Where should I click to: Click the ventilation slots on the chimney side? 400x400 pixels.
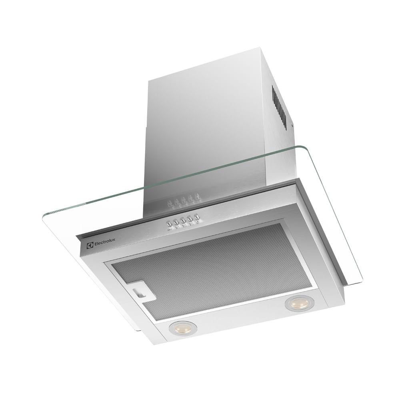point(279,106)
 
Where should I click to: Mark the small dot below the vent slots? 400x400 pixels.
point(292,125)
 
